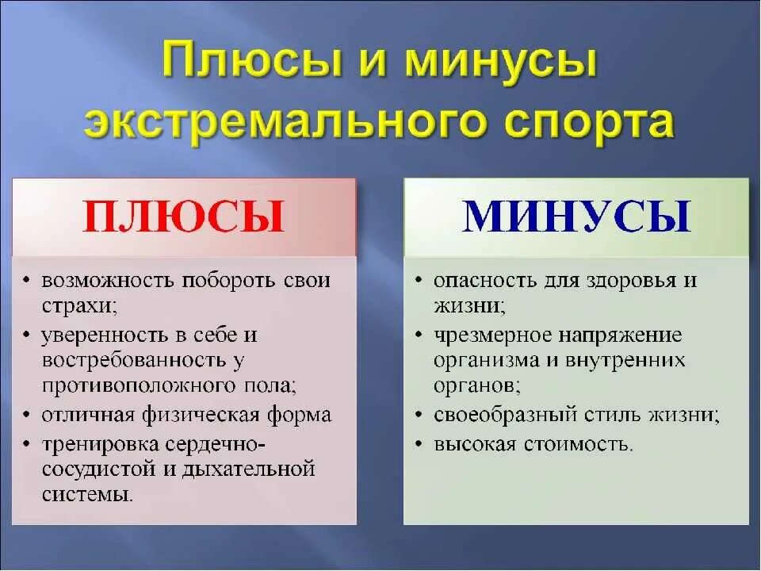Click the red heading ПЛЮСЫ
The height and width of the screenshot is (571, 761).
[x=184, y=217]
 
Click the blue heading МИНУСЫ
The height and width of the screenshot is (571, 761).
[x=576, y=217]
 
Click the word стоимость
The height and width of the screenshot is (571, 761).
[x=577, y=443]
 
